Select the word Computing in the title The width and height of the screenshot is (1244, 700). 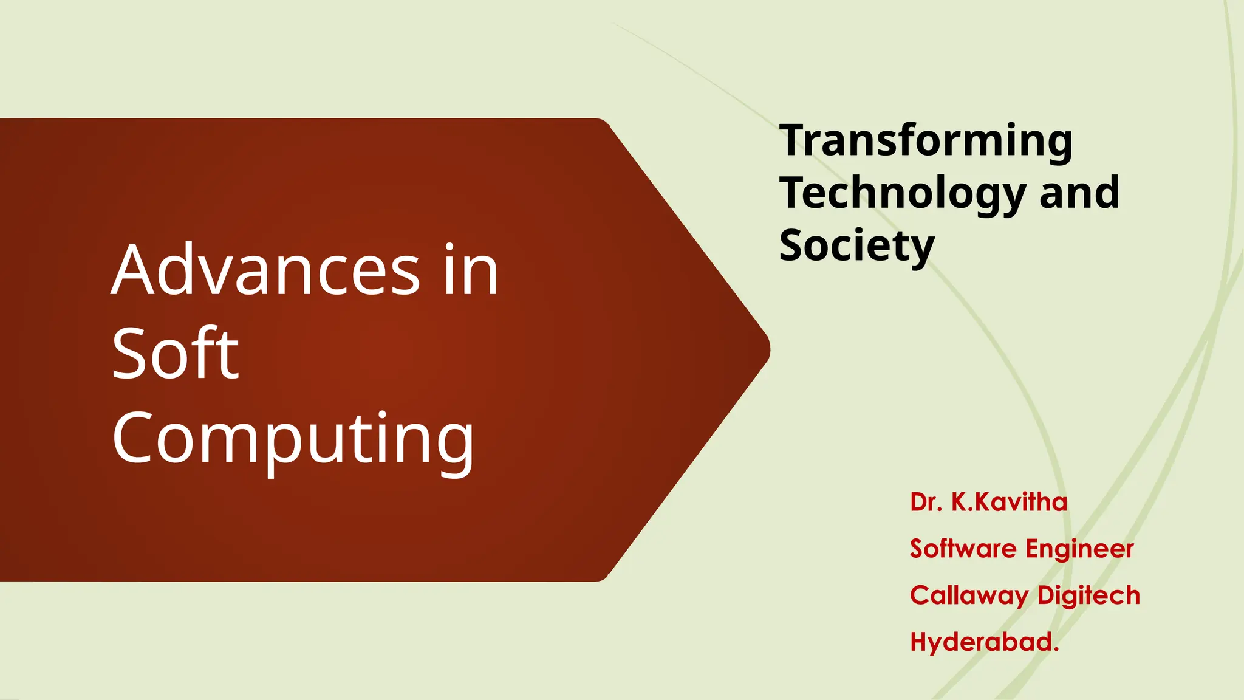[x=293, y=439]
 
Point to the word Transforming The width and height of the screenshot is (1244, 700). [x=926, y=141]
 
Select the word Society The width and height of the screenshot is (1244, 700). [x=856, y=246]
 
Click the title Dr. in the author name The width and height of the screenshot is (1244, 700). [x=926, y=503]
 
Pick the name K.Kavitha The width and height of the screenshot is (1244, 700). [x=1009, y=503]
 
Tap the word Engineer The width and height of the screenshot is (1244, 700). [x=1079, y=549]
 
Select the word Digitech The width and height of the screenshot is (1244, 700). [x=1088, y=595]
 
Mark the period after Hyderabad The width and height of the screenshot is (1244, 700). [x=1056, y=650]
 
